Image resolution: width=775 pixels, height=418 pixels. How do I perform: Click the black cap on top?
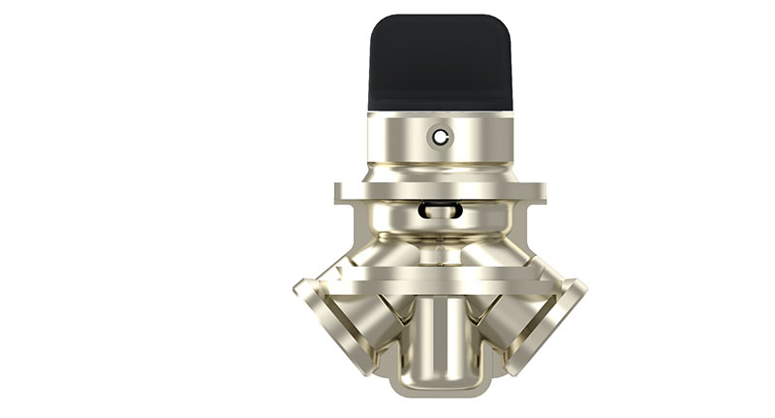[x=441, y=63]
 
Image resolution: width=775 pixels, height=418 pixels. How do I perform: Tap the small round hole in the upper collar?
[x=441, y=137]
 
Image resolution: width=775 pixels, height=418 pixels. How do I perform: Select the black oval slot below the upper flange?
[x=441, y=209]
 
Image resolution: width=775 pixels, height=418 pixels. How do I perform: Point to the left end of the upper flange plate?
[x=342, y=192]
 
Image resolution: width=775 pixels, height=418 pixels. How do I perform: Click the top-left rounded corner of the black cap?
[x=378, y=23]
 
